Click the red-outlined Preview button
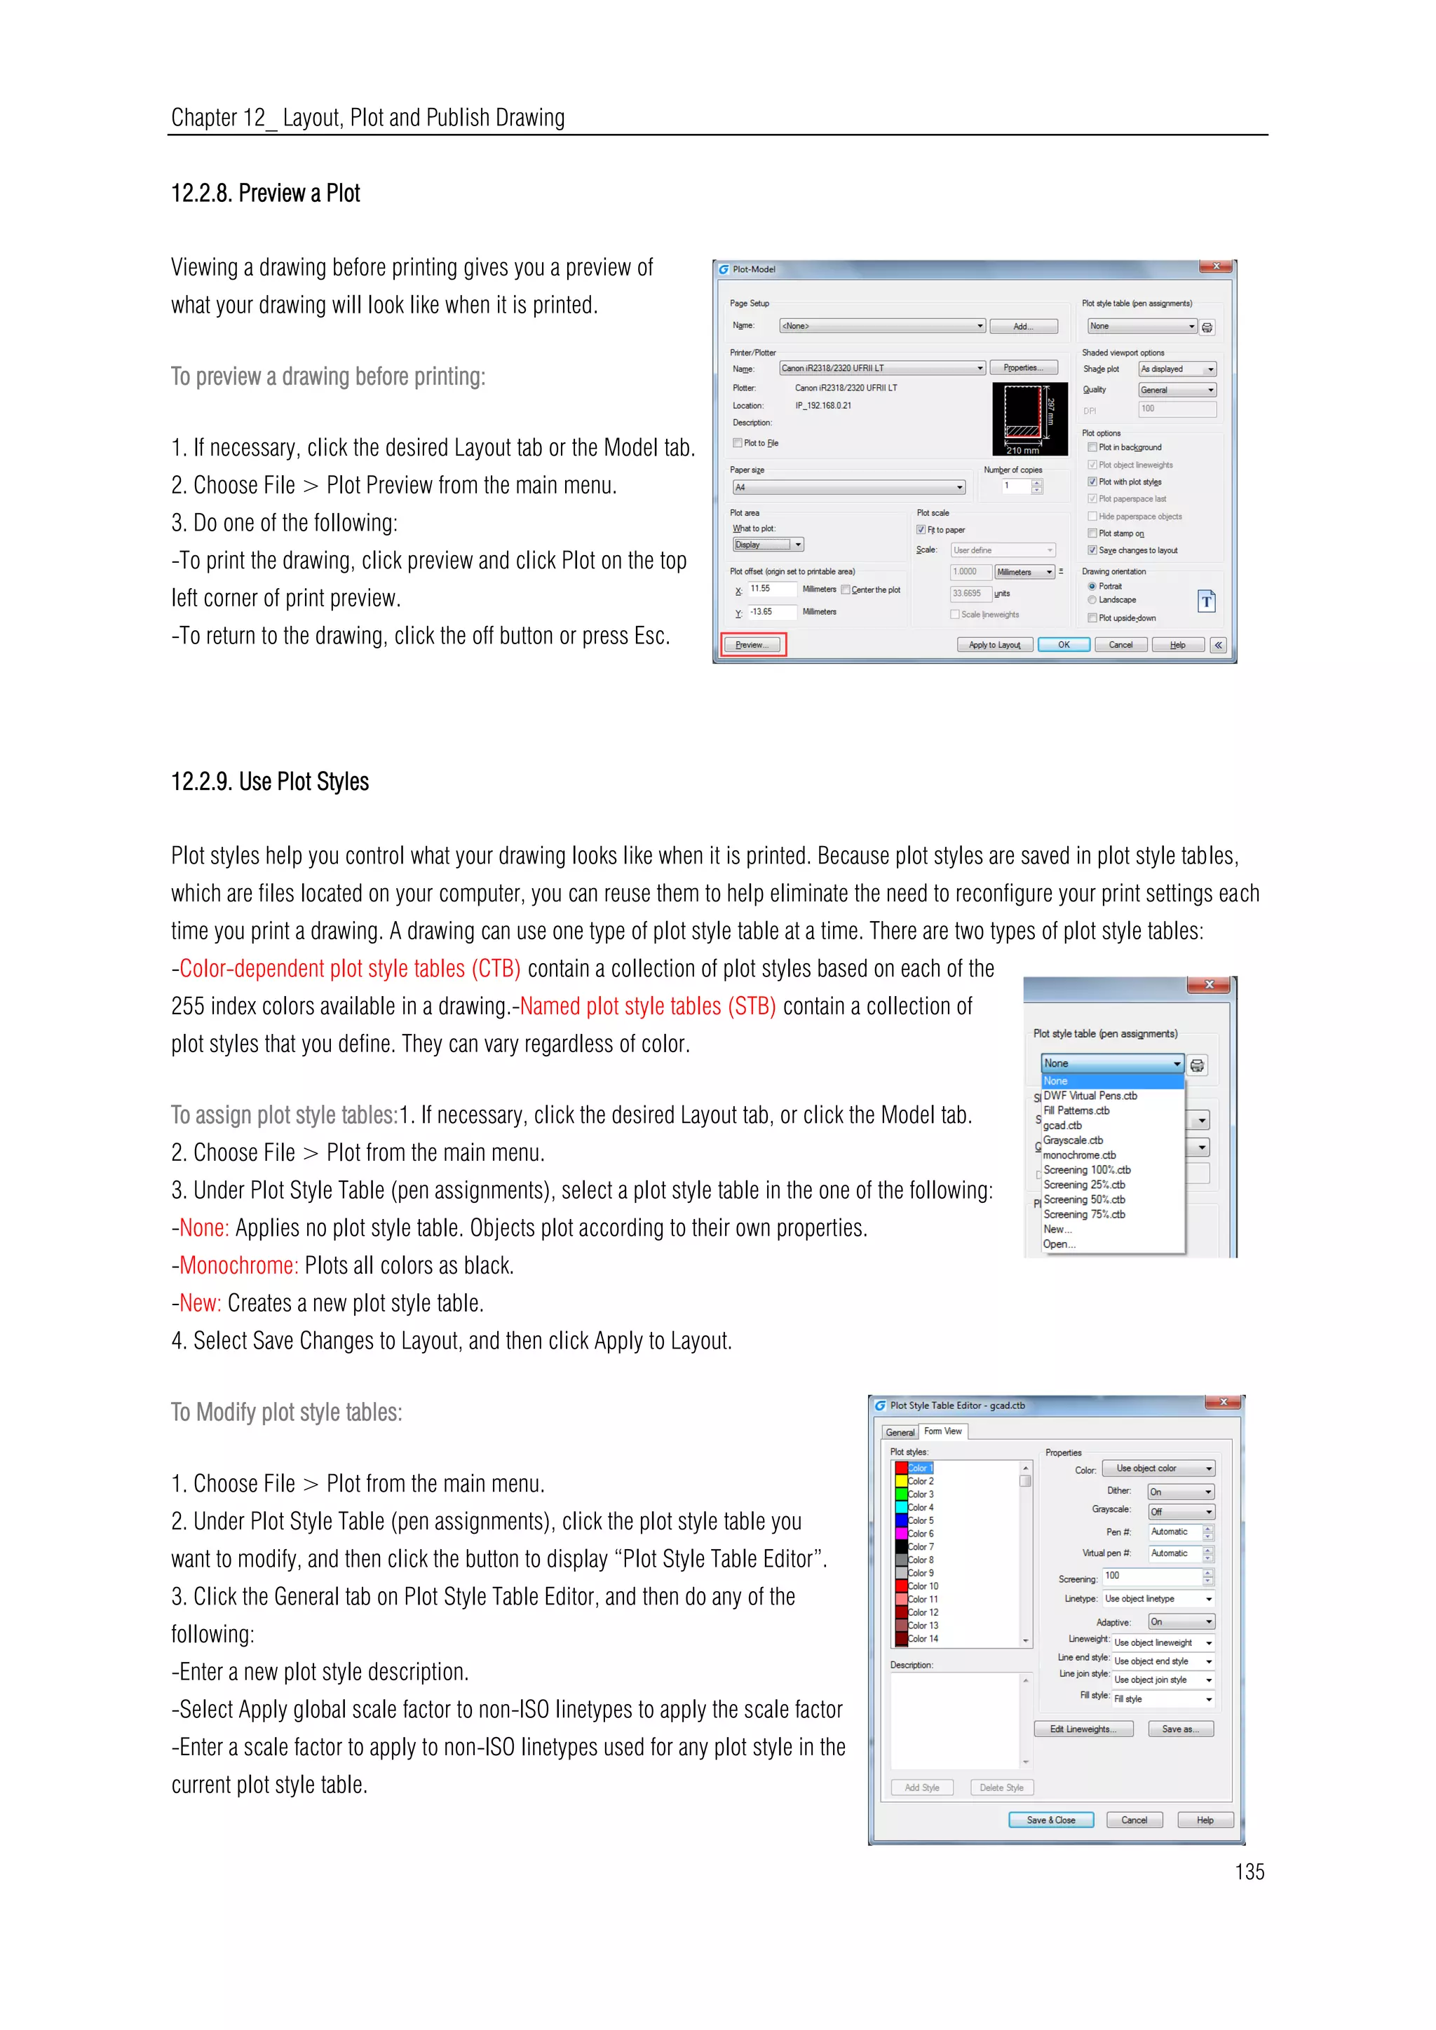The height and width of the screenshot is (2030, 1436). [752, 645]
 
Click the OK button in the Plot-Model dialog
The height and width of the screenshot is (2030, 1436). [1063, 645]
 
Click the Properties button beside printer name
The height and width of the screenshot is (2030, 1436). [1023, 368]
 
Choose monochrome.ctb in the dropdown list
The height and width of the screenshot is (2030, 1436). [1079, 1154]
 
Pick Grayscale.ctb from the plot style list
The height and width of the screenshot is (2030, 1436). [1073, 1140]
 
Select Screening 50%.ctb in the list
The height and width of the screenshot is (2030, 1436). [1084, 1200]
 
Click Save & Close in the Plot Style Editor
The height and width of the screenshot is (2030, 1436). [1050, 1820]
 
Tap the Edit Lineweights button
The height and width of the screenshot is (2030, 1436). [1083, 1729]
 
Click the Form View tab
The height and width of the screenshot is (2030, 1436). [942, 1431]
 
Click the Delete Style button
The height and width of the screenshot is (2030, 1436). [1001, 1787]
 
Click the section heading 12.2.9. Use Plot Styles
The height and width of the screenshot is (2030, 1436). [270, 782]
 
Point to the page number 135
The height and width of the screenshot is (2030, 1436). [1249, 1872]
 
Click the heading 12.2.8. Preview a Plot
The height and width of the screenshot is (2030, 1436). [265, 193]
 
